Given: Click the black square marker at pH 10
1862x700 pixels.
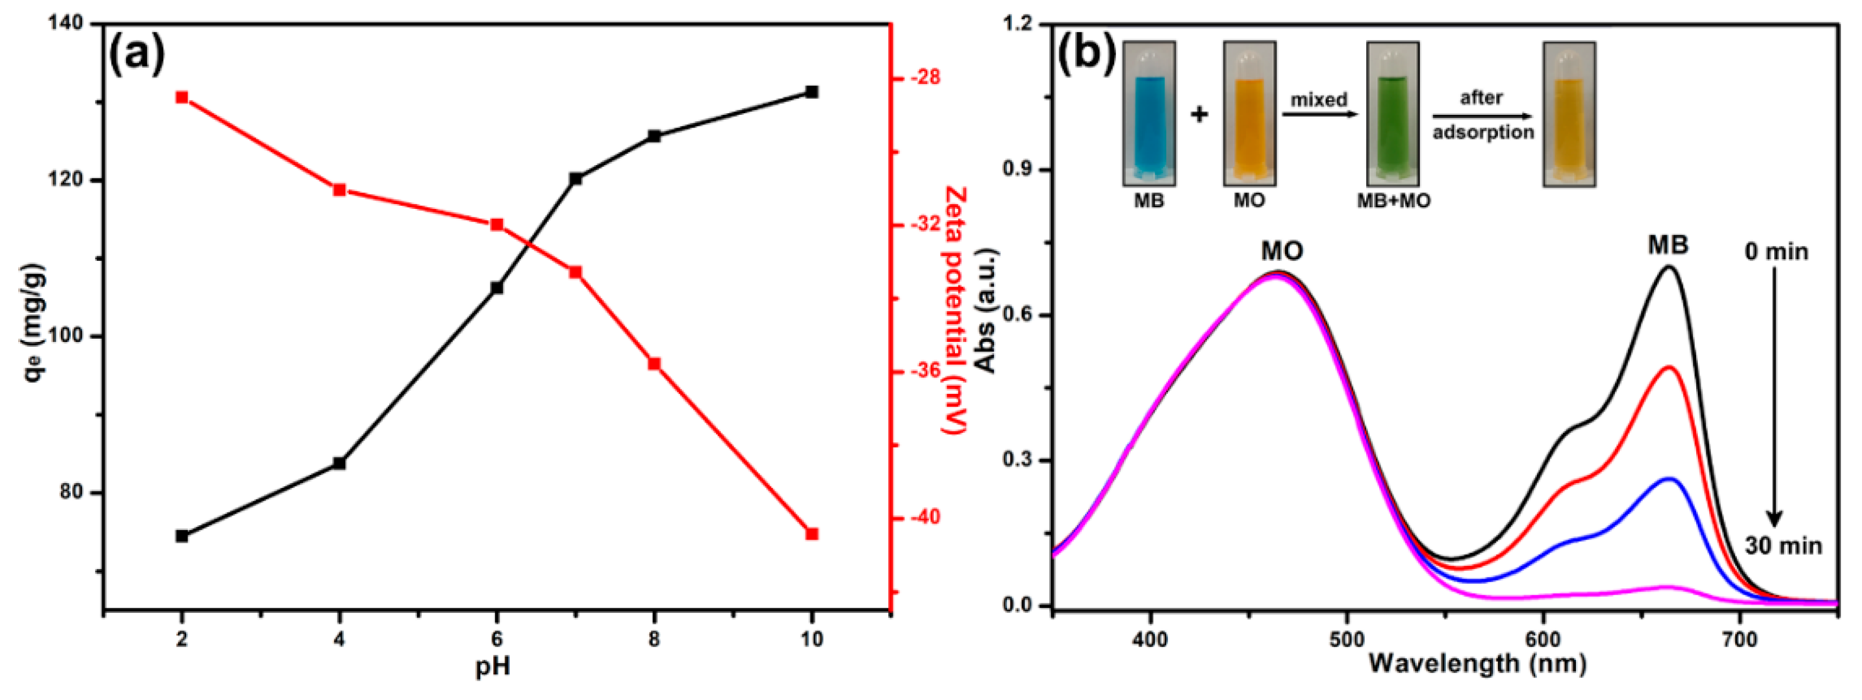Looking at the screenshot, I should point(811,92).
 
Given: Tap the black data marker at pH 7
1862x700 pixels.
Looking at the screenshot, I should point(575,178).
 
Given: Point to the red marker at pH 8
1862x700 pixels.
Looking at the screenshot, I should point(654,363).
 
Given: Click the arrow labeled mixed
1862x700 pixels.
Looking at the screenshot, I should point(1320,115).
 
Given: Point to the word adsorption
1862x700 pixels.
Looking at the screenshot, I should point(1483,132).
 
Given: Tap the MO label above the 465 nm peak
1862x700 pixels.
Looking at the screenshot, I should point(1282,251).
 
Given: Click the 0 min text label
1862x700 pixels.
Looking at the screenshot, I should point(1776,252).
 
